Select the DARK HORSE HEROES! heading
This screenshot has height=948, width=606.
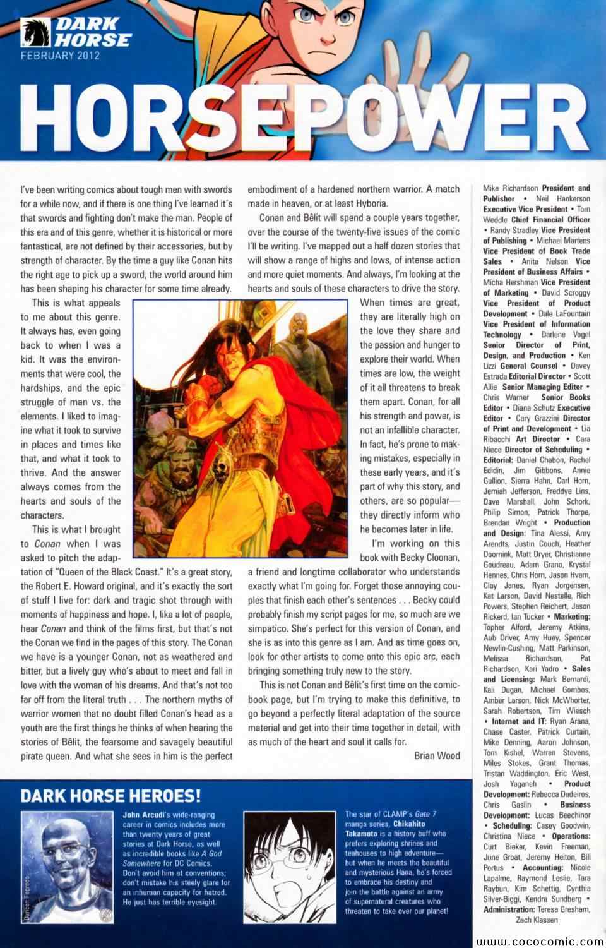click(111, 795)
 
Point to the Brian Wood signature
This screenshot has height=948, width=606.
click(437, 755)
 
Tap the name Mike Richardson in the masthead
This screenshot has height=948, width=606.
click(511, 188)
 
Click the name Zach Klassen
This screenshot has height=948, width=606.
click(537, 920)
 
